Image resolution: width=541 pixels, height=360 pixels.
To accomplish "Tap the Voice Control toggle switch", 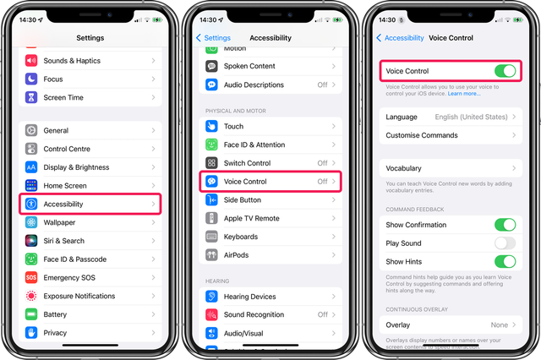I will point(505,71).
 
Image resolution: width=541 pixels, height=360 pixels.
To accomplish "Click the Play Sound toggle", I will point(505,243).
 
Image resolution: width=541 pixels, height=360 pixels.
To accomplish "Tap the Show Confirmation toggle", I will point(505,225).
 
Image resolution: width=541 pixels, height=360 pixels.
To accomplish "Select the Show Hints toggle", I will point(505,261).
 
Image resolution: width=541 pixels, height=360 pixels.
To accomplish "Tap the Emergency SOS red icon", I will point(31,278).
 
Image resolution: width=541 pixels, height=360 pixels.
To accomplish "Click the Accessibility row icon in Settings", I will point(31,204).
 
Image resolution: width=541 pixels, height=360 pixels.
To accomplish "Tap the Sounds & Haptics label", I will point(71,61).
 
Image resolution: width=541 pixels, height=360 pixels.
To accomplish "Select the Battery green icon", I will point(31,314).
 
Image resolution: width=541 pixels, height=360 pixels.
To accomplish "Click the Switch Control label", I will point(247,163).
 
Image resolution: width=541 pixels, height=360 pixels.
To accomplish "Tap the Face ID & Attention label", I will point(254,145).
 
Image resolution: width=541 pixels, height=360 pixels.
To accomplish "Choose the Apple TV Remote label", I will point(252,218).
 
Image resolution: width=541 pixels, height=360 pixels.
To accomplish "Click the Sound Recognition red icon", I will point(210,314).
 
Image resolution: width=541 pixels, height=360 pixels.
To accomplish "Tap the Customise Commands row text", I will point(422,135).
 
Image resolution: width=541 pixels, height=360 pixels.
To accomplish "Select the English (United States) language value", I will point(472,117).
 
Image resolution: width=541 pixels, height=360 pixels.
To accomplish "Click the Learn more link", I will point(464,93).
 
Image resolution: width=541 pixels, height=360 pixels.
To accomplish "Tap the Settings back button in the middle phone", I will point(213,38).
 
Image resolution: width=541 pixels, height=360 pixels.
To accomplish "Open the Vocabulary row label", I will point(404,169).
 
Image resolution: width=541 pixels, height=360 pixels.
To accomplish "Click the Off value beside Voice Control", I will point(322,182).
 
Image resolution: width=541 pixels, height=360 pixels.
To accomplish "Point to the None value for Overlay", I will point(498,325).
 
